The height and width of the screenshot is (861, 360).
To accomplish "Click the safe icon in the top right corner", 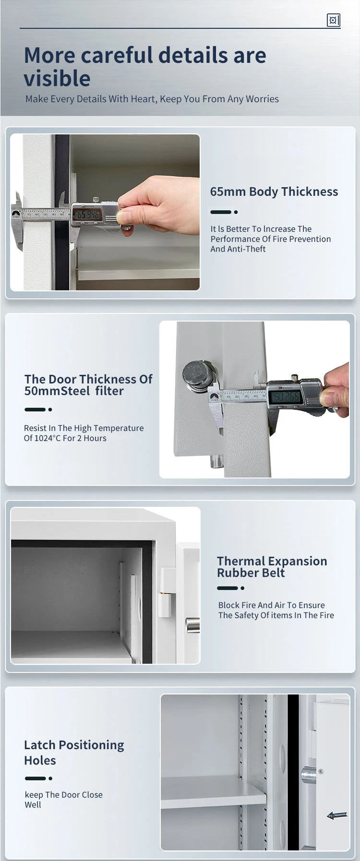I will pos(333,20).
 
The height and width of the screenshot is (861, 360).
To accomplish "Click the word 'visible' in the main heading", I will pos(57,79).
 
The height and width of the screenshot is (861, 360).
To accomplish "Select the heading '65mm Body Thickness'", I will pos(274,191).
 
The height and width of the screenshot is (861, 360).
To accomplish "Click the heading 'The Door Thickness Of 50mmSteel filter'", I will pos(88,385).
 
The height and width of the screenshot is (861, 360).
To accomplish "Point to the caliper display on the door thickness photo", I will pos(285,396).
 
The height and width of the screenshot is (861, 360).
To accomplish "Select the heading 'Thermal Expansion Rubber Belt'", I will pos(272,567).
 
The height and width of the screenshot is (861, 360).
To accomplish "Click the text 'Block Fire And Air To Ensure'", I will pos(271,605).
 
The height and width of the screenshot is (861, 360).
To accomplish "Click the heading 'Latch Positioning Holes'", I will pos(74,753).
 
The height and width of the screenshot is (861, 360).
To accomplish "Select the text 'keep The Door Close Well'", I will pos(63,800).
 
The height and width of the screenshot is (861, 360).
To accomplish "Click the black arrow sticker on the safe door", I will pos(337,815).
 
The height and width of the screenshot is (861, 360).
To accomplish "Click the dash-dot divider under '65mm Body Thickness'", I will pos(224,212).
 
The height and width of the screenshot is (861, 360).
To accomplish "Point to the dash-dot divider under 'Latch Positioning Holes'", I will pos(38,778).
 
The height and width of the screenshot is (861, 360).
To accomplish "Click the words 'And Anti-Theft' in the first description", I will pos(238,249).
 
